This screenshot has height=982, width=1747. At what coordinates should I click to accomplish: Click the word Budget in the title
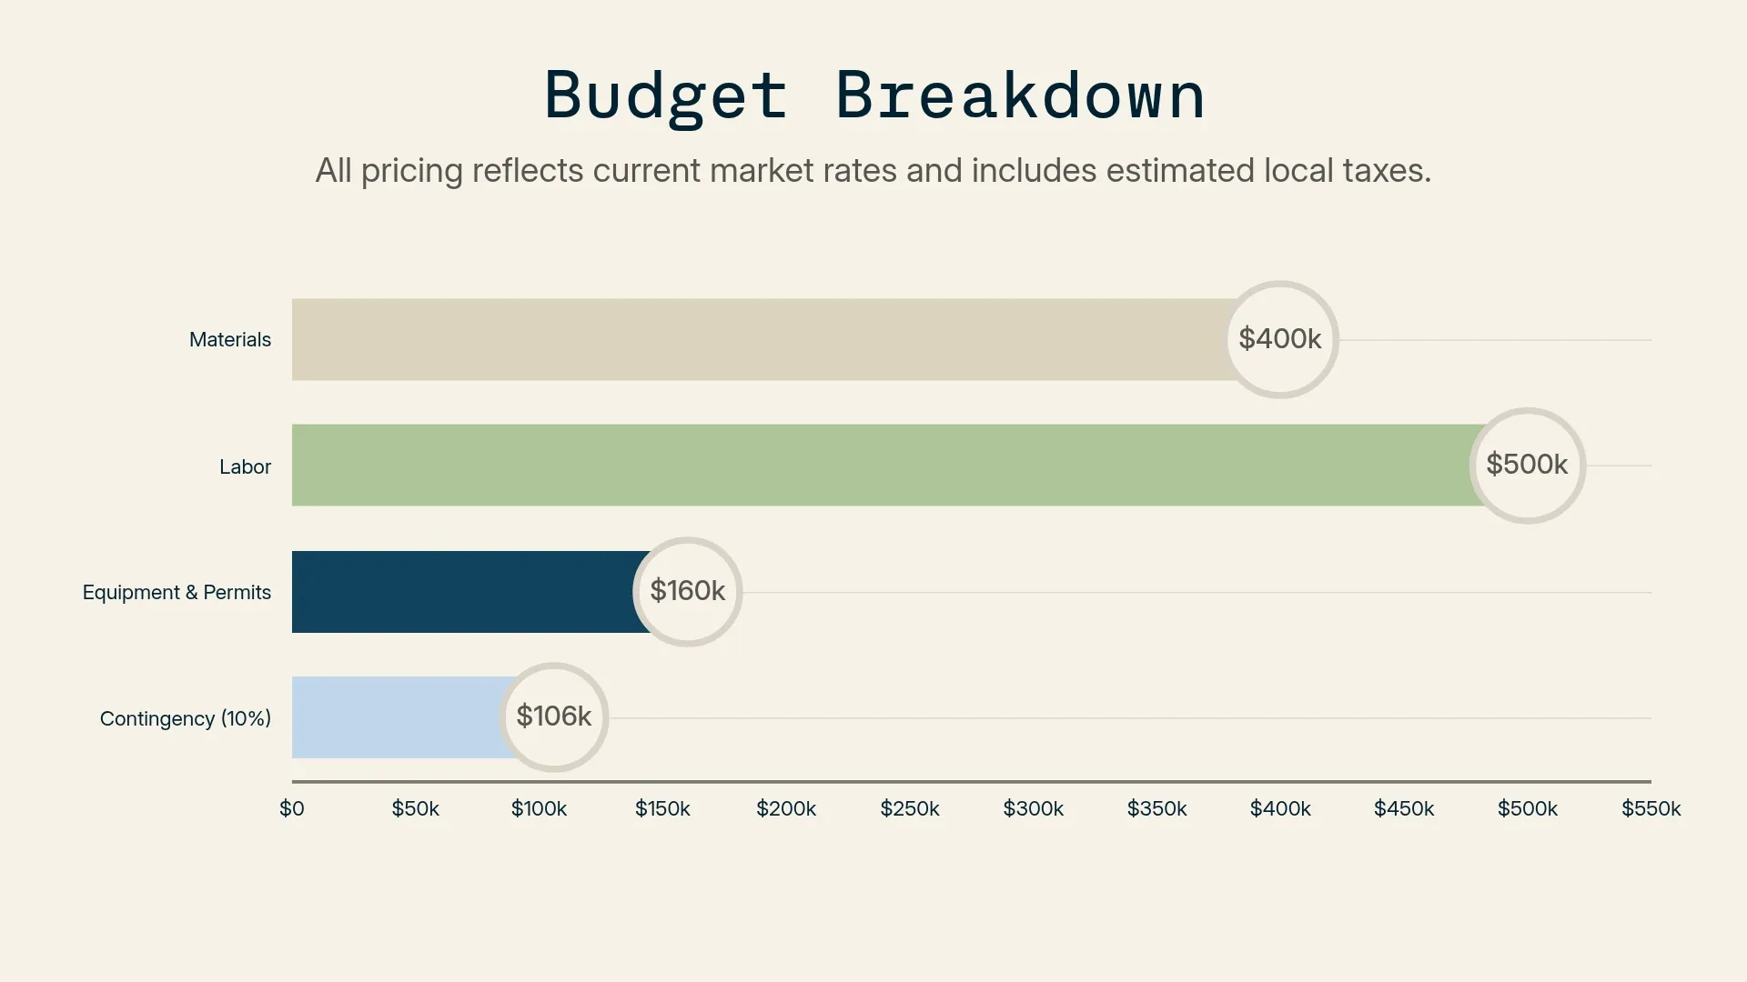(x=665, y=96)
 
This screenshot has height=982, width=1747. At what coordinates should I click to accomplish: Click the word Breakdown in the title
(x=1020, y=96)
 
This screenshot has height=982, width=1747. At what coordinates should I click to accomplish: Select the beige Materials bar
(x=755, y=339)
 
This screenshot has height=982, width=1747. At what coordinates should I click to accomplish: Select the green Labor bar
(x=873, y=465)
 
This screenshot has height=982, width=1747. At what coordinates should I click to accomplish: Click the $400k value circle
(x=1280, y=339)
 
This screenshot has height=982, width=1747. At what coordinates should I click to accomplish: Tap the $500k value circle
(x=1527, y=465)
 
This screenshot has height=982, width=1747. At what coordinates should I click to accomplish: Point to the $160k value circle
(x=687, y=591)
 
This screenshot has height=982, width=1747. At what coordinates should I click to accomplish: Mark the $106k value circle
(x=553, y=716)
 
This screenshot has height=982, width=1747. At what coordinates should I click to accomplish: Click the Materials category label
(x=230, y=340)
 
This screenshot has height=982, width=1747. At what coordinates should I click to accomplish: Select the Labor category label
(x=245, y=467)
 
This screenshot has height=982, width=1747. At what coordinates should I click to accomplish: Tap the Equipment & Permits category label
(x=177, y=593)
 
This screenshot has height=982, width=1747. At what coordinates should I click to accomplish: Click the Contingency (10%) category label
(x=186, y=719)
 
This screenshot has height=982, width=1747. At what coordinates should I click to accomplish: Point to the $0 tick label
(x=292, y=808)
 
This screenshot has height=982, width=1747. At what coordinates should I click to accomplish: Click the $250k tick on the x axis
(x=910, y=808)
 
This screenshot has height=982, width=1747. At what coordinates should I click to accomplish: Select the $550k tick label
(x=1651, y=808)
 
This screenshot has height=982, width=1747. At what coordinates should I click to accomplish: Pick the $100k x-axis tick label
(x=539, y=808)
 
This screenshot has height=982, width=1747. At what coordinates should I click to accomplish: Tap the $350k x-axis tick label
(x=1156, y=808)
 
